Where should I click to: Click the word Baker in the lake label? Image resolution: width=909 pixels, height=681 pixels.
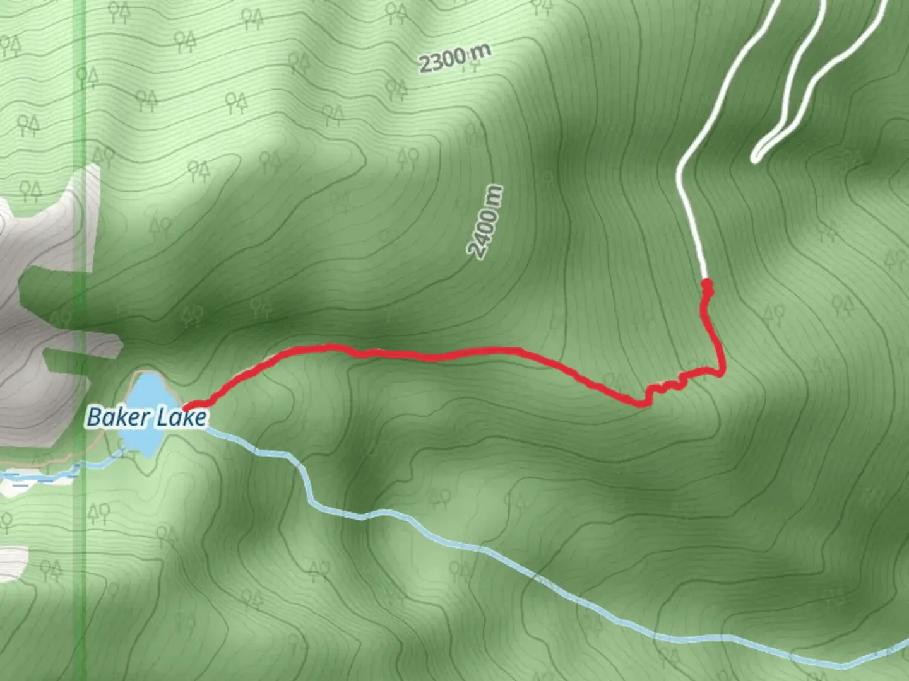[x=112, y=417]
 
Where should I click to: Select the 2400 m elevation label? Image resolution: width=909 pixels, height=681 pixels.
[x=487, y=222]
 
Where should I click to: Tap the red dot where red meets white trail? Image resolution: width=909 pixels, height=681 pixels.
[x=708, y=284]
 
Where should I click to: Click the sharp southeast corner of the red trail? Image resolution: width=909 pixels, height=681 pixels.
[x=721, y=372]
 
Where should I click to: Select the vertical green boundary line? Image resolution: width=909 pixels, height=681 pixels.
[x=80, y=189]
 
